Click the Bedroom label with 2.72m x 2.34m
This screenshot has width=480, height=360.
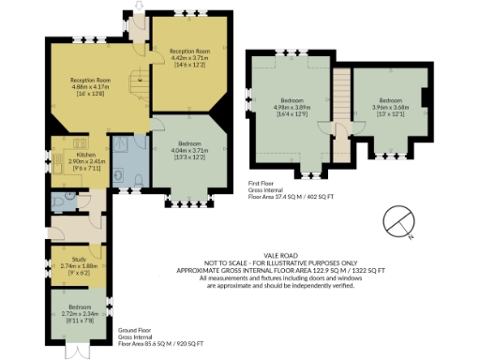click(79, 306)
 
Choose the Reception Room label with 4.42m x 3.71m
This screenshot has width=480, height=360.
click(188, 51)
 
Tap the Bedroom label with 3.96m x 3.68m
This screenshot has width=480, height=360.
click(390, 99)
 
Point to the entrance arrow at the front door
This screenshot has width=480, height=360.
click(141, 7)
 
